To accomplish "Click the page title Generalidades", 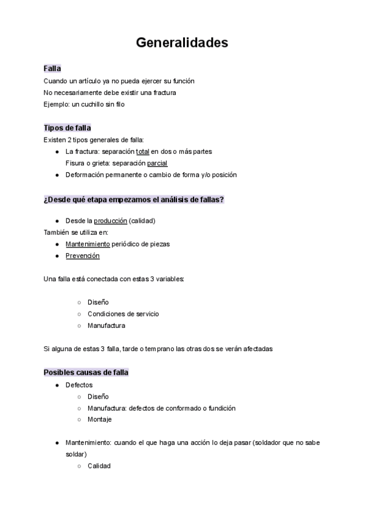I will click(182, 43).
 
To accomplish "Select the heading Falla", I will click(52, 69).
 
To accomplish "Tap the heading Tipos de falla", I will click(68, 128).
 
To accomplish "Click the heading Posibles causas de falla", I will click(86, 372).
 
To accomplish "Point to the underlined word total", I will click(142, 152).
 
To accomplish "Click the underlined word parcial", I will click(157, 163).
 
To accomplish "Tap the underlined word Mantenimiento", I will click(88, 244).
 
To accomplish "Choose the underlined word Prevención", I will click(82, 256).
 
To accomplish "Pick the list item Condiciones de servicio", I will click(123, 314).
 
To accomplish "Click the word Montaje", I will click(100, 419).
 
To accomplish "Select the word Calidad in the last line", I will click(99, 466).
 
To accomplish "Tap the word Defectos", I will click(79, 385).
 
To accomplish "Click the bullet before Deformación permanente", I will click(57, 175).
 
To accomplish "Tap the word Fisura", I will click(75, 163).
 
